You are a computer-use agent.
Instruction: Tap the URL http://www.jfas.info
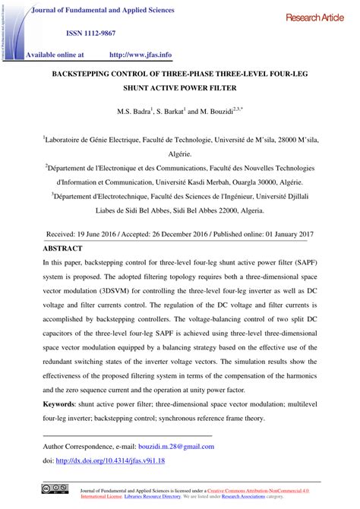(141, 55)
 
